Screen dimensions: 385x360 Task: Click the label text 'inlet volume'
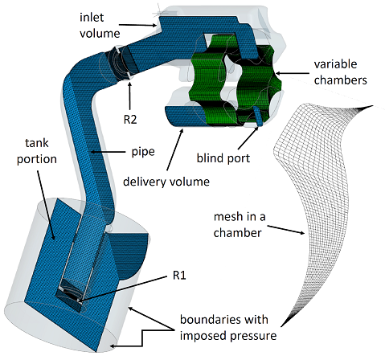[100, 26]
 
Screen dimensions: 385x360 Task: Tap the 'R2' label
[130, 120]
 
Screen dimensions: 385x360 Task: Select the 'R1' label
[179, 275]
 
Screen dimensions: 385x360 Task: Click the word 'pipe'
[143, 153]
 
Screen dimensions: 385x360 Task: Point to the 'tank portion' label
[37, 151]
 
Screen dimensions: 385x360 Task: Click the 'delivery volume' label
[166, 182]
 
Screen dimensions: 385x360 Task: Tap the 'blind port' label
[223, 158]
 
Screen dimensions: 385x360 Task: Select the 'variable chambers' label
[341, 72]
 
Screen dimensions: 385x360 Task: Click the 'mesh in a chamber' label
[240, 225]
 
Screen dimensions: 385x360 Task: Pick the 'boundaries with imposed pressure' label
[228, 328]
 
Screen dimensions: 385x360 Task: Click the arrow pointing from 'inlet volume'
[137, 25]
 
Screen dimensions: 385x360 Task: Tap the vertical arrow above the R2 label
[130, 96]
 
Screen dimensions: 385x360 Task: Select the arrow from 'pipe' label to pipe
[109, 152]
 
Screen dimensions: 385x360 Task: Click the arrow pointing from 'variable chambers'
[292, 73]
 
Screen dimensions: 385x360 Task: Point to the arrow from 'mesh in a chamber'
[286, 230]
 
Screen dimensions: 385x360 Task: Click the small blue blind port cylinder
[258, 117]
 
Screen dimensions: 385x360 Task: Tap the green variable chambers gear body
[236, 80]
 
